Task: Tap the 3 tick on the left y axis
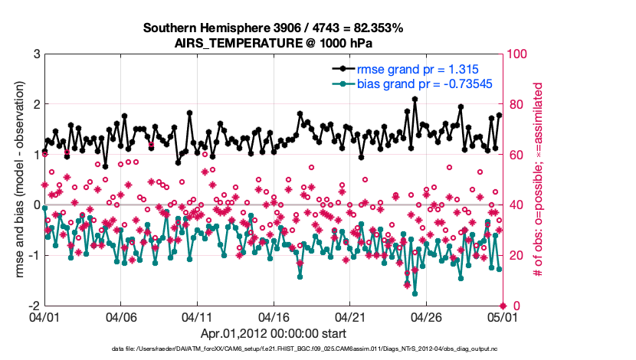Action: [36, 54]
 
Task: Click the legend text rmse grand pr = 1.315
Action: [408, 69]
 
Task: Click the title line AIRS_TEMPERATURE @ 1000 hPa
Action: [273, 43]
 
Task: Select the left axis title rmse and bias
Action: [16, 180]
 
